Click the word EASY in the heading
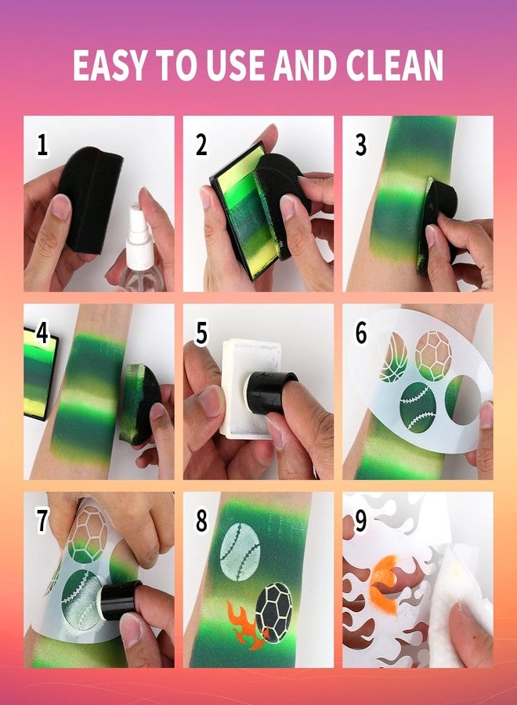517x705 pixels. pyautogui.click(x=110, y=65)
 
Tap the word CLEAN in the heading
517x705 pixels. pyautogui.click(x=395, y=65)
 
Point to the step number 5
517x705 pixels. pyautogui.click(x=201, y=334)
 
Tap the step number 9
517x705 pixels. pyautogui.click(x=360, y=521)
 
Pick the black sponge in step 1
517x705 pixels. pyautogui.click(x=90, y=198)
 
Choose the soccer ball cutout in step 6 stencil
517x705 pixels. pyautogui.click(x=433, y=356)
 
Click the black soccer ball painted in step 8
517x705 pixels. pyautogui.click(x=274, y=613)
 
